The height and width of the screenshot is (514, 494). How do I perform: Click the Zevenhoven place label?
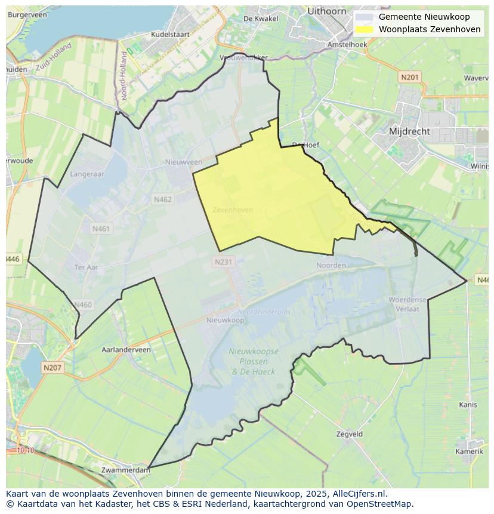(233, 210)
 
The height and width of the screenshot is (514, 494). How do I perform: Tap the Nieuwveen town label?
(184, 162)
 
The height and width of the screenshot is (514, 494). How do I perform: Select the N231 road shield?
(223, 261)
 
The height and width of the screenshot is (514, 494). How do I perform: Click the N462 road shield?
(163, 199)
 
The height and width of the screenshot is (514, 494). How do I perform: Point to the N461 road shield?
(101, 229)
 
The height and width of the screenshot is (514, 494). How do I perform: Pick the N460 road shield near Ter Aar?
(83, 304)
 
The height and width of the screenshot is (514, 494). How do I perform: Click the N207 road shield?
(53, 368)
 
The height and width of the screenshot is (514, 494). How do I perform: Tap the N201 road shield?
(410, 77)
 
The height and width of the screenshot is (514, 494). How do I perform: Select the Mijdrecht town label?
(409, 131)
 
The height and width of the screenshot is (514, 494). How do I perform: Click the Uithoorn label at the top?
(328, 11)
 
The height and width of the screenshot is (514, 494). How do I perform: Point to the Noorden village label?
(331, 265)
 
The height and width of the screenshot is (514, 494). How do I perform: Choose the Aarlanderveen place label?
(126, 350)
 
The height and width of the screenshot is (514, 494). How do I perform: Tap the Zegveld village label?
(349, 435)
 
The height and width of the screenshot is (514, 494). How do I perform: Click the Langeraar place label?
(87, 174)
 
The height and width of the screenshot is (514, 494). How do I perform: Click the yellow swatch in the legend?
(364, 29)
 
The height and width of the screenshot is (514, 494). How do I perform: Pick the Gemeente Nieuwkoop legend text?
(424, 17)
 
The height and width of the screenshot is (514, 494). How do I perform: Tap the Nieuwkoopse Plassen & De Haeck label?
(254, 362)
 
